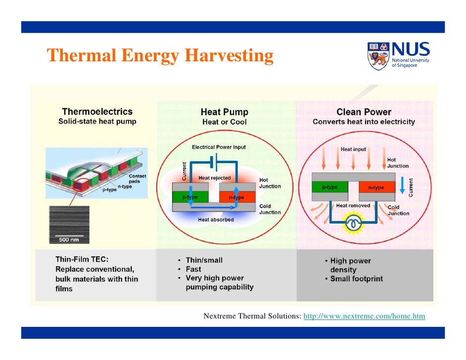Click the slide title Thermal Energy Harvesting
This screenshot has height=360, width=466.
tap(160, 56)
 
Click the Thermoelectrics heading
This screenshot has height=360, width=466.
tap(97, 112)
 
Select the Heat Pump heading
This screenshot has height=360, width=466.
tap(224, 112)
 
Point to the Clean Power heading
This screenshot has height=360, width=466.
tap(364, 112)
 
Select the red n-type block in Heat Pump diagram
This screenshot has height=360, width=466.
tap(236, 197)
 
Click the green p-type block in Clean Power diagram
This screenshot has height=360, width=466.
tap(329, 187)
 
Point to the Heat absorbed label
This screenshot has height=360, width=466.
tap(215, 220)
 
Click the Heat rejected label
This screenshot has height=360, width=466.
tap(214, 178)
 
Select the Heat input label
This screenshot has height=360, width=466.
tap(353, 149)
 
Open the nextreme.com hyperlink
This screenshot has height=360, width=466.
tap(364, 316)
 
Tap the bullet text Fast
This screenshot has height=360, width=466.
tap(193, 269)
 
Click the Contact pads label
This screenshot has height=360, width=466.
tap(137, 179)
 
